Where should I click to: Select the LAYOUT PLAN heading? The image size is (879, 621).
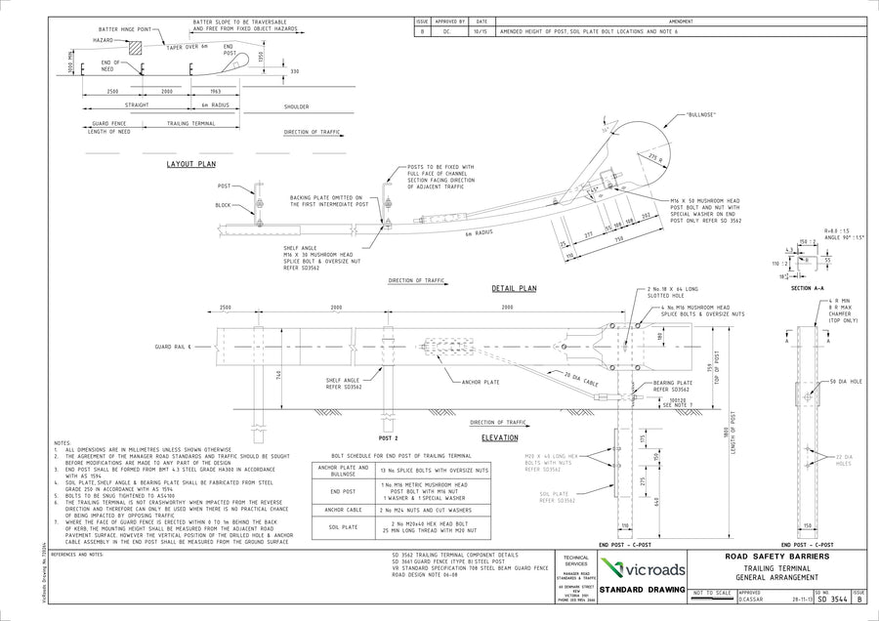pos(190,165)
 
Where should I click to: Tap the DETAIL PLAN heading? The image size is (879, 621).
pos(514,289)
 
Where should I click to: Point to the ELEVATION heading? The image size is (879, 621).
pos(499,438)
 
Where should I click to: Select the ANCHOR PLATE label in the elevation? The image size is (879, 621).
pos(481,382)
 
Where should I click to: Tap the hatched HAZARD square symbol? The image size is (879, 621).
pos(135,47)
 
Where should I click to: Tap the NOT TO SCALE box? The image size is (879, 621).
pos(712,593)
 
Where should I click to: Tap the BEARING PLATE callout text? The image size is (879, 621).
pos(674,384)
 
